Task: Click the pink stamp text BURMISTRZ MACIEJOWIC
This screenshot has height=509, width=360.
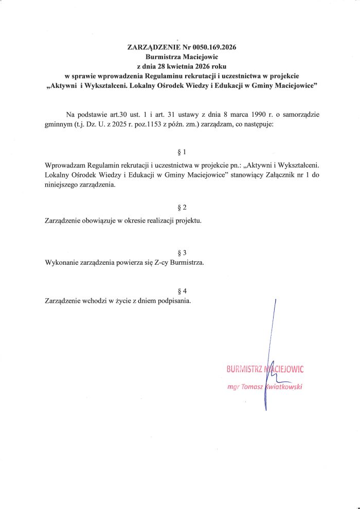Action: (265, 369)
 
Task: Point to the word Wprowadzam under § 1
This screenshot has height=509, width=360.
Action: (66, 166)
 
